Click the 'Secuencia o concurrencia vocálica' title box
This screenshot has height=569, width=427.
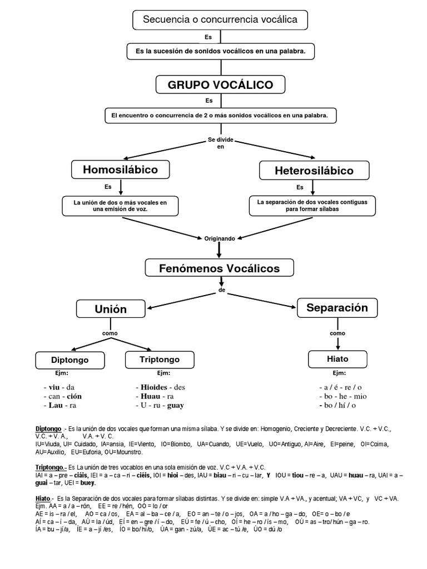coord(220,20)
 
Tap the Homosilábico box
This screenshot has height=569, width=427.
coord(120,169)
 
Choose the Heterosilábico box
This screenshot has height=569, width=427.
coord(314,171)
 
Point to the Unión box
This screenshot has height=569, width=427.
coord(110,309)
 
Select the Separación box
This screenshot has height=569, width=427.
coord(337,308)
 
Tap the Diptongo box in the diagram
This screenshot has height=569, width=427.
coord(70,360)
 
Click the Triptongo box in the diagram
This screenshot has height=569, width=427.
coord(160,360)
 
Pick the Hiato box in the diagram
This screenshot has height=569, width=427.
coord(337,359)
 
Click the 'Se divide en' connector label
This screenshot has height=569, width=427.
coord(220,143)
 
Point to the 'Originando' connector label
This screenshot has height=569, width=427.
coord(220,238)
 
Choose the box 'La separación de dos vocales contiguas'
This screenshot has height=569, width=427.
coord(312,206)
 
